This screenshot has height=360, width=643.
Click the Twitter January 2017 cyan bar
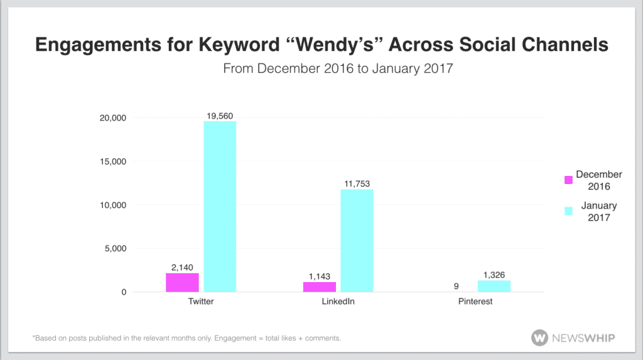(220, 207)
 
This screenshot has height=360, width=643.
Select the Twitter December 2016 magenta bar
(182, 283)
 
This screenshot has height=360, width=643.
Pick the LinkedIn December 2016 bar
(320, 287)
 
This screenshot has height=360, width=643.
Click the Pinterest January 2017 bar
(494, 286)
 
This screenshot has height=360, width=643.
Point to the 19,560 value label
(220, 115)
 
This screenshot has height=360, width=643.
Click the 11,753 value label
(357, 183)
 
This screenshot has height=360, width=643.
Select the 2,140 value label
(182, 267)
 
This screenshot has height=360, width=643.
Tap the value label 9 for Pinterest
(456, 286)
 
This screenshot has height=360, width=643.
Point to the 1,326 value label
(494, 275)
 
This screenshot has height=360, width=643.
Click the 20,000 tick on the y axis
(113, 118)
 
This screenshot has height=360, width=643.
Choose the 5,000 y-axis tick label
(116, 249)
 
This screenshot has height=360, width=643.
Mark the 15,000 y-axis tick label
(113, 161)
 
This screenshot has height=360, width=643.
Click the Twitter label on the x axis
(202, 302)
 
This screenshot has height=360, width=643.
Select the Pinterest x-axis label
(475, 302)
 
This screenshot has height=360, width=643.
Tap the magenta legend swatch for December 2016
(569, 180)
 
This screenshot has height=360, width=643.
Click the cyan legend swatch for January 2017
(569, 211)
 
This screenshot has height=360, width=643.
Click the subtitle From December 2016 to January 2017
(338, 68)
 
